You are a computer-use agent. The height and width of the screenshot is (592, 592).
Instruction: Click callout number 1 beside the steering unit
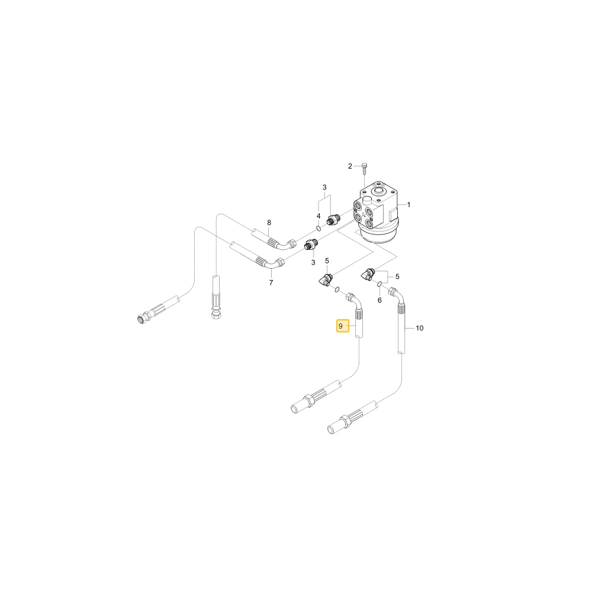[x=408, y=205]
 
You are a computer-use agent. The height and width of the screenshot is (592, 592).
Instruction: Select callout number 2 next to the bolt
[x=350, y=166]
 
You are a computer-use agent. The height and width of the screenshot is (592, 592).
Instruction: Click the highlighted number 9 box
[x=343, y=326]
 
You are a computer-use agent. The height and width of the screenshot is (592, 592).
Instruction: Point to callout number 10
[x=420, y=328]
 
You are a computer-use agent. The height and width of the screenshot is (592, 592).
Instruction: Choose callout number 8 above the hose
[x=269, y=223]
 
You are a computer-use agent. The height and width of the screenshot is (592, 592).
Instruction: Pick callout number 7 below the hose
[x=271, y=282]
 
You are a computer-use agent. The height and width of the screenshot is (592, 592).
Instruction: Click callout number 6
[x=379, y=300]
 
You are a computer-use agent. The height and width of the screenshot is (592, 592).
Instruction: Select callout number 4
[x=318, y=216]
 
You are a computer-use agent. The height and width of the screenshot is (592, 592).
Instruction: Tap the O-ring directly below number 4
[x=318, y=228]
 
